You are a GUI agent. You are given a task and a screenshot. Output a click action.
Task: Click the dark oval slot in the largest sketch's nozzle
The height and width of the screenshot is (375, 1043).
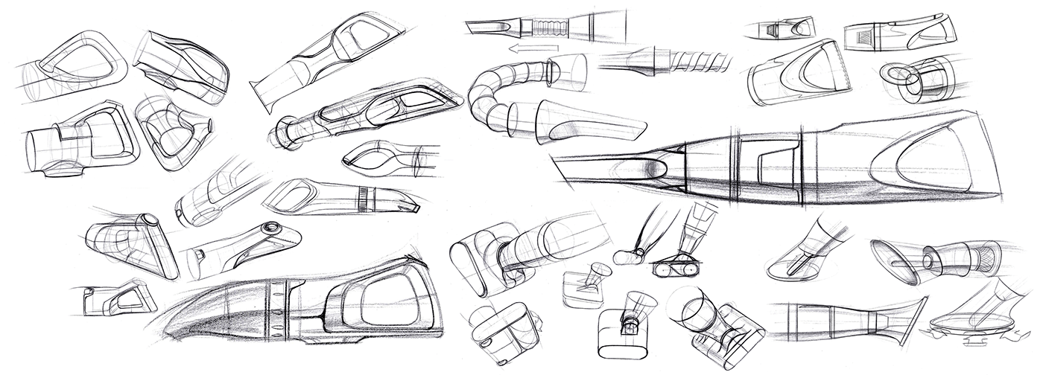pos(647,170)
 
